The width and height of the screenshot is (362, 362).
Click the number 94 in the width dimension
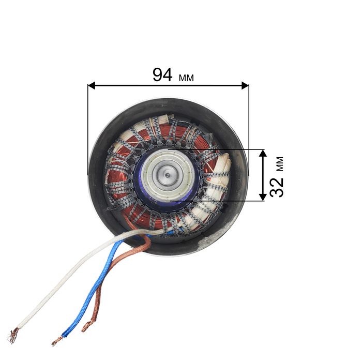click(x=162, y=75)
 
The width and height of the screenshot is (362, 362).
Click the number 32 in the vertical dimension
click(x=277, y=187)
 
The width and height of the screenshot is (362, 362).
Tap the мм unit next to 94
click(x=186, y=78)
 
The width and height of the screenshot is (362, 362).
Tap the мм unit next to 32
click(x=280, y=164)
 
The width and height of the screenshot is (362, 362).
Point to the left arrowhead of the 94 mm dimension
click(x=92, y=85)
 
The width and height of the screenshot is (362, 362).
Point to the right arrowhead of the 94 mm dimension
click(x=245, y=85)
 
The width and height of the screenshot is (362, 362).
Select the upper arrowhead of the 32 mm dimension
click(x=263, y=153)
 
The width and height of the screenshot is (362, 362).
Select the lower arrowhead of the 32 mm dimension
click(x=263, y=197)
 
